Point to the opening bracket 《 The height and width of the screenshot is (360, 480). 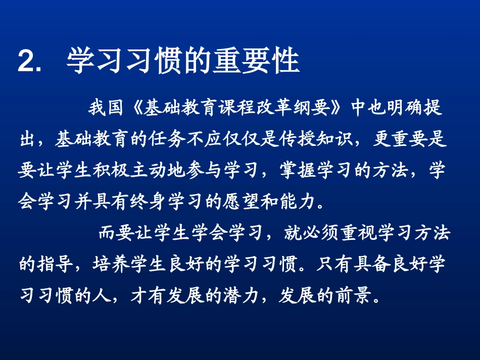click(135, 108)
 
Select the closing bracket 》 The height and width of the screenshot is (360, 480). click(338, 108)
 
